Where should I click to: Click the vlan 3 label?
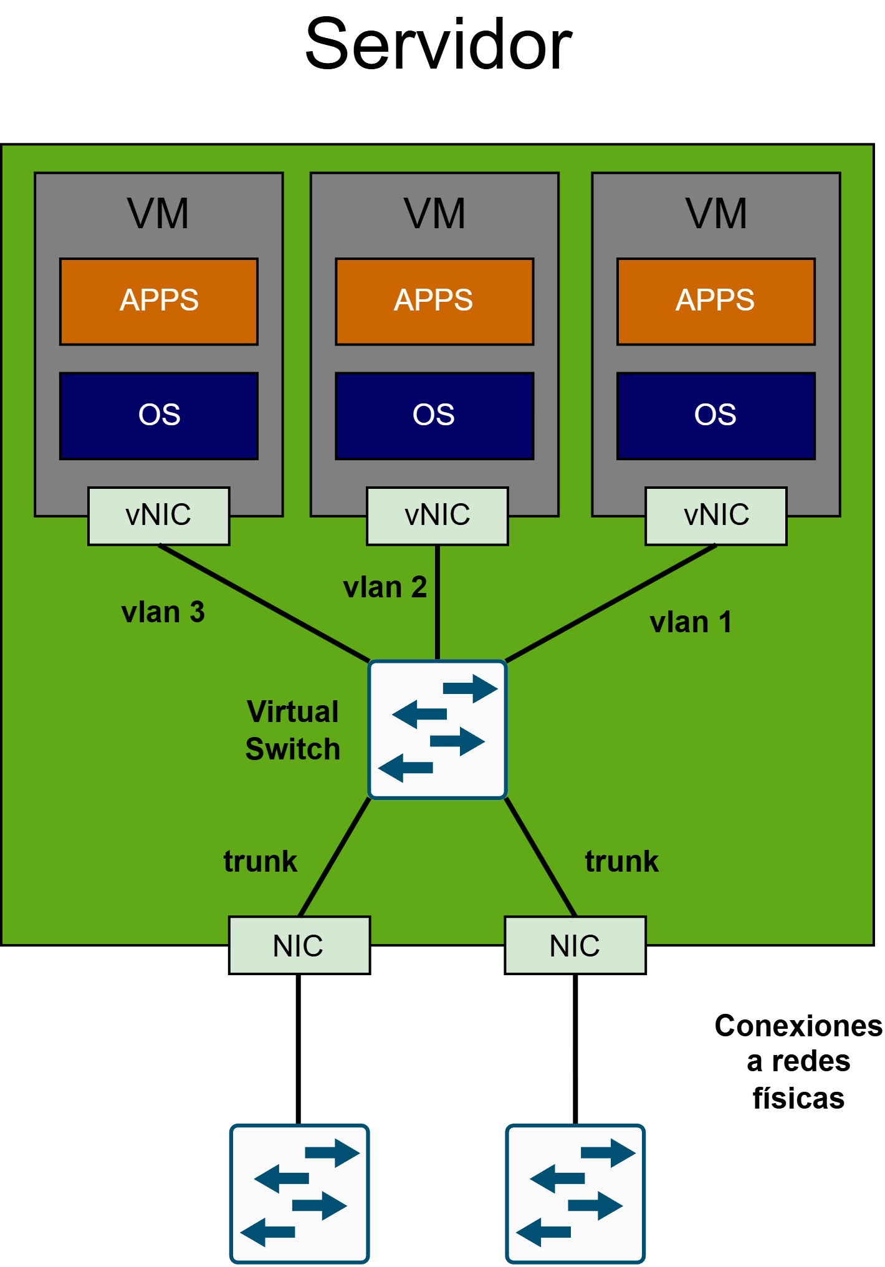pos(163,612)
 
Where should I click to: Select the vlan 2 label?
pos(385,587)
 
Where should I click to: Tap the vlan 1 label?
pos(691,622)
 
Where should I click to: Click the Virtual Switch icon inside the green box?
pos(438,729)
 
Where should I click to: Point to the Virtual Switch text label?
pos(292,730)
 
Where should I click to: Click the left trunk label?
pos(260,861)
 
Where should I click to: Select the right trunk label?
pos(621,861)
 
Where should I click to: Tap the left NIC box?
pos(299,945)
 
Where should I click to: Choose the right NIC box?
pos(575,945)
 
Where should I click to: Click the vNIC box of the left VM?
pos(158,516)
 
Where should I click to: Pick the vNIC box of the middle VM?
pos(438,516)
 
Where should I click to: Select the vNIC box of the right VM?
pos(716,516)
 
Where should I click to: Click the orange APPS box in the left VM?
pos(159,301)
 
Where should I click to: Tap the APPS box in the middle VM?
pos(434,301)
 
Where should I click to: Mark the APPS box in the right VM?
pos(716,301)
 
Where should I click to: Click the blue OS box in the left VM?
pos(159,416)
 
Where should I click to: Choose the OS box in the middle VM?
pos(434,416)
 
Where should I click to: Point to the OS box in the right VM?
pos(716,416)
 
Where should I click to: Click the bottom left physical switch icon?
pos(299,1193)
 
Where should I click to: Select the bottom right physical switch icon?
pos(575,1193)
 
